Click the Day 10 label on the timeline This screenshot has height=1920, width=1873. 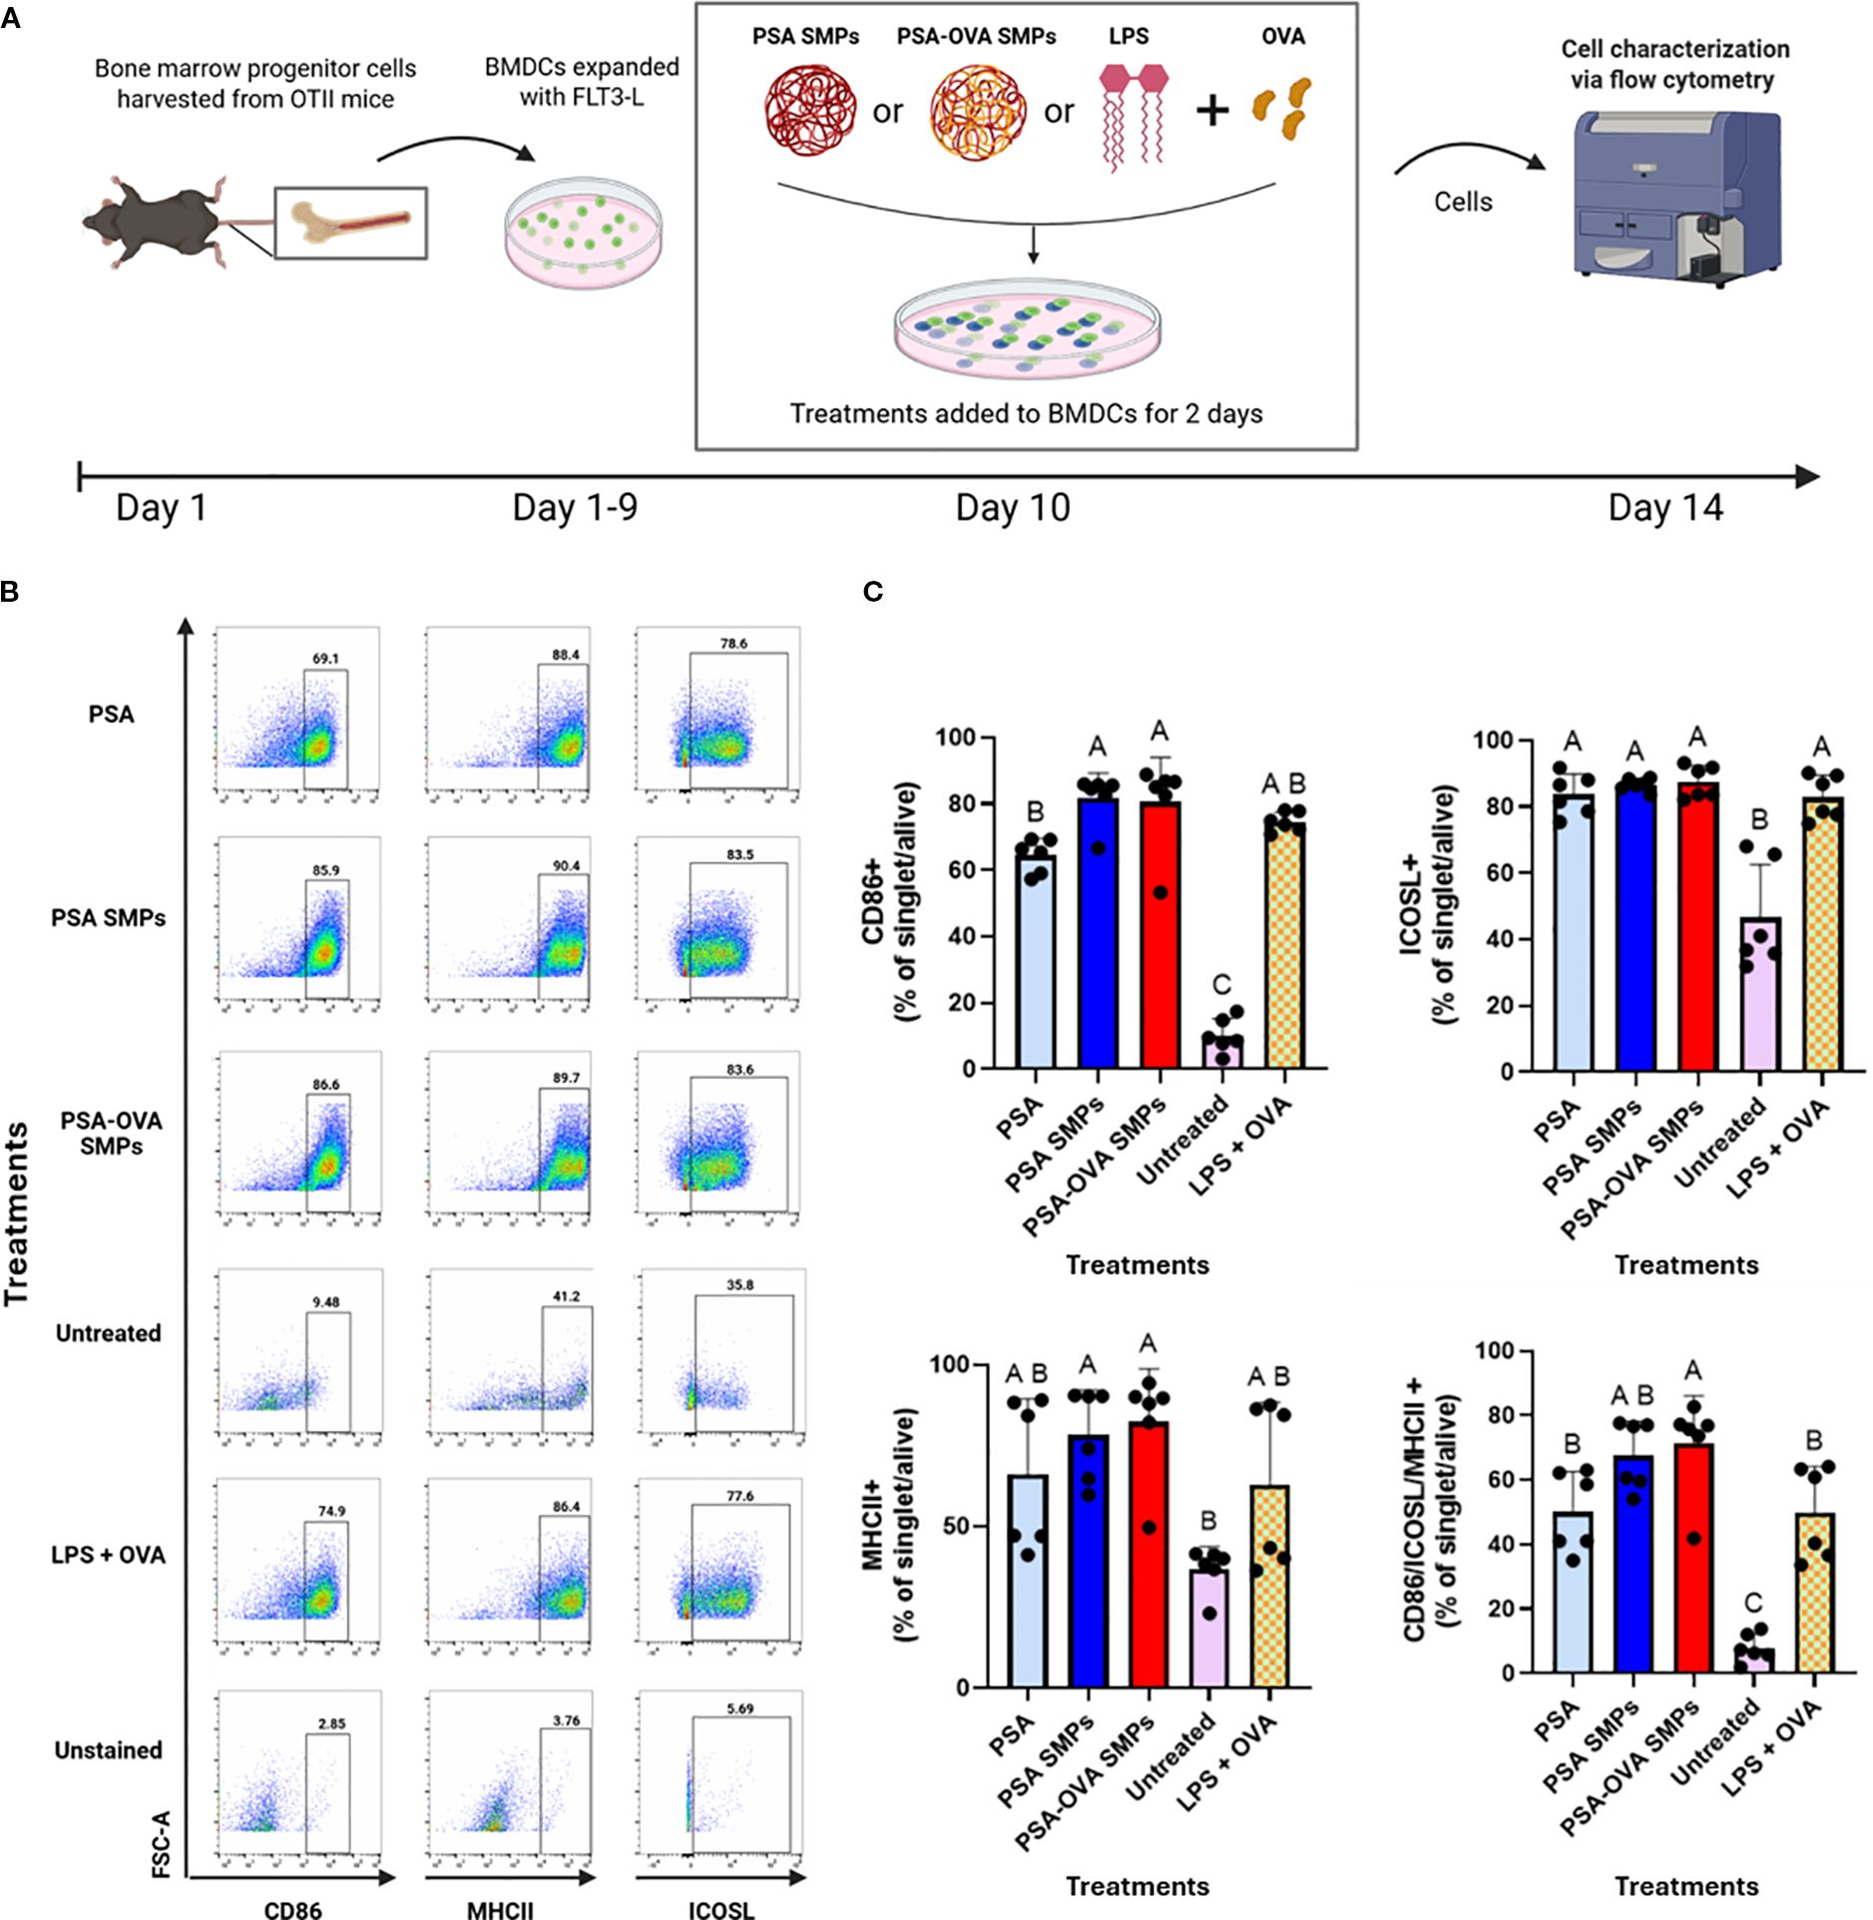point(1012,508)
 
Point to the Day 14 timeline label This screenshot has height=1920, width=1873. point(1664,508)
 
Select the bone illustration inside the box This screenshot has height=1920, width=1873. point(350,223)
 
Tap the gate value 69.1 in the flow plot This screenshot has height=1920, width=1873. point(325,659)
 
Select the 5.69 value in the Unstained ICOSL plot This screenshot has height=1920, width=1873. point(739,1708)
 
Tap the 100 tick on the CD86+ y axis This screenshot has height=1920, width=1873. point(956,737)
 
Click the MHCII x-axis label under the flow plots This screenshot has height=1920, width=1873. point(500,1910)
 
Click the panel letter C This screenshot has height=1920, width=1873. point(872,592)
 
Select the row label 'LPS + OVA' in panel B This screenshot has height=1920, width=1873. point(109,1555)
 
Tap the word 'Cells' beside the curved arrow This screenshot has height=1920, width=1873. point(1463,202)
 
